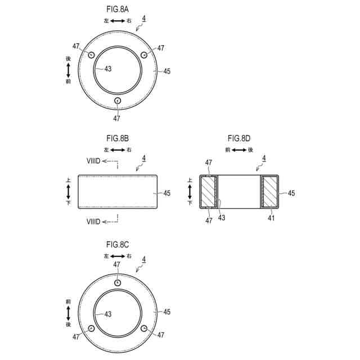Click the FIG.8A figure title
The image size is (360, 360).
tap(118, 10)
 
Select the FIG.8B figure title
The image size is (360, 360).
tap(118, 138)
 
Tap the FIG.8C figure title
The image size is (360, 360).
tap(118, 245)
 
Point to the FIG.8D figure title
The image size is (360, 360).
tap(239, 138)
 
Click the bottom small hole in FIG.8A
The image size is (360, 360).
tap(118, 101)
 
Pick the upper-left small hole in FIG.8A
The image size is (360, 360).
tap(91, 55)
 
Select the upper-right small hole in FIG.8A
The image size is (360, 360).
tap(144, 55)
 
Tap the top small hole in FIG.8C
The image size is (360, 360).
tap(118, 283)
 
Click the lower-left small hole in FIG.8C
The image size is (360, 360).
tap(91, 328)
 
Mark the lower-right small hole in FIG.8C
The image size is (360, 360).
tap(144, 328)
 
